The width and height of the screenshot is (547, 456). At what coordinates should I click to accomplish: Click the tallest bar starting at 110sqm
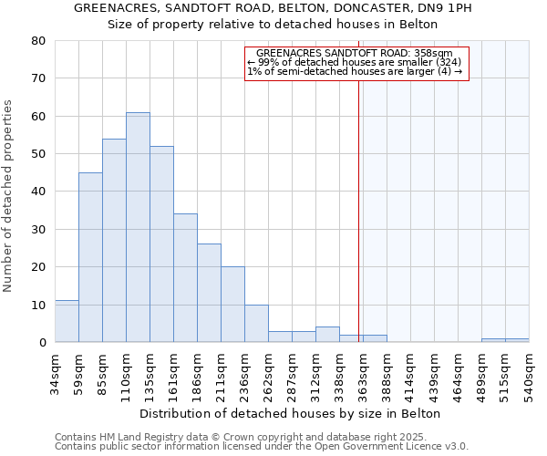pyautogui.click(x=138, y=227)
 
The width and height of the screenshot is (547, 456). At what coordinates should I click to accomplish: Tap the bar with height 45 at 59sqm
pyautogui.click(x=90, y=257)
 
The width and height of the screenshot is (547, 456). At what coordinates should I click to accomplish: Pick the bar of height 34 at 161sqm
pyautogui.click(x=185, y=278)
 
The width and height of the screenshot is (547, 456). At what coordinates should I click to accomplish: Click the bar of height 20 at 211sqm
pyautogui.click(x=232, y=305)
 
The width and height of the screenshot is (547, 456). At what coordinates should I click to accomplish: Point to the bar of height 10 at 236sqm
pyautogui.click(x=256, y=324)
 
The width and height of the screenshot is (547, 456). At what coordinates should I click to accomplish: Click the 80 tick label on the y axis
pyautogui.click(x=38, y=41)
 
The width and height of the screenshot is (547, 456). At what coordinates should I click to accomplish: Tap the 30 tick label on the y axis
pyautogui.click(x=38, y=230)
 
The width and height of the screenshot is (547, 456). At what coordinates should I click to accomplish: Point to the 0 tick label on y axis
pyautogui.click(x=42, y=343)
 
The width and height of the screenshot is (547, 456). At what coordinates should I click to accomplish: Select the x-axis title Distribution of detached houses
pyautogui.click(x=291, y=414)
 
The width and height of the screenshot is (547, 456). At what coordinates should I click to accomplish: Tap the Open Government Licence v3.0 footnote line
pyautogui.click(x=262, y=447)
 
